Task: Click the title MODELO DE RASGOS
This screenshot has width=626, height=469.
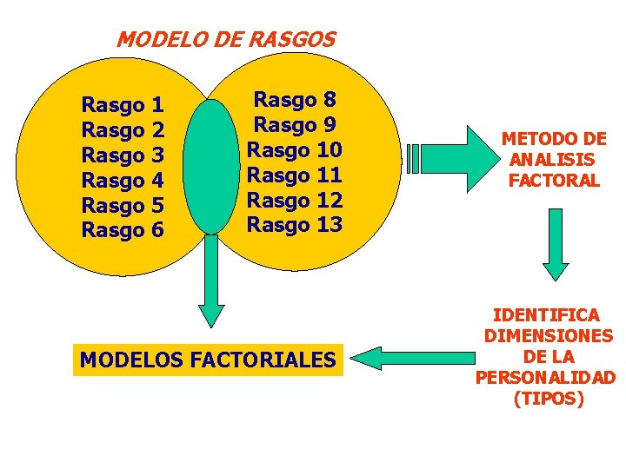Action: tap(226, 39)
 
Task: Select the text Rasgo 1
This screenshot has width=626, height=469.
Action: tap(123, 106)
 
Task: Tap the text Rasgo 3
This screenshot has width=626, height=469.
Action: tap(123, 156)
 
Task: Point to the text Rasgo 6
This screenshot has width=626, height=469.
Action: tap(123, 231)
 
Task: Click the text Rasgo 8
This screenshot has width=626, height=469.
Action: tap(295, 100)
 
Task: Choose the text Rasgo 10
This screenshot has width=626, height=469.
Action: tap(295, 149)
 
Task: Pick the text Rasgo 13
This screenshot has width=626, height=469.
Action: tap(295, 225)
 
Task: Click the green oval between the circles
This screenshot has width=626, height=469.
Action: tap(211, 167)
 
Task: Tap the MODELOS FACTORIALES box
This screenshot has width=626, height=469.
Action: tap(208, 359)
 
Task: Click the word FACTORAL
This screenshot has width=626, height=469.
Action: tap(554, 181)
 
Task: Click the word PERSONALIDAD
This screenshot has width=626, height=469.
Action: tap(547, 378)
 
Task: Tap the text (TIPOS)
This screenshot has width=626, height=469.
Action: tap(549, 399)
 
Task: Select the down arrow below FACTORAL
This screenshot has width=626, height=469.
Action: tap(555, 243)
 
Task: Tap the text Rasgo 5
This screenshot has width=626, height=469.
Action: tap(123, 206)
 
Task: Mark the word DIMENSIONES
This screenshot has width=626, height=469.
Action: tap(549, 336)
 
